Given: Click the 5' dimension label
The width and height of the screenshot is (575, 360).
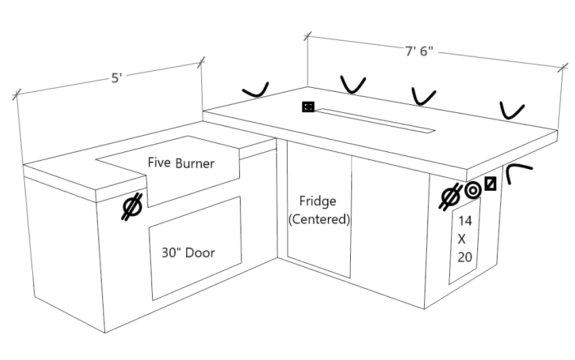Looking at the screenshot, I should point(116,78).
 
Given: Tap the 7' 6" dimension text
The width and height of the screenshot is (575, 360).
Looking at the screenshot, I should point(419,52).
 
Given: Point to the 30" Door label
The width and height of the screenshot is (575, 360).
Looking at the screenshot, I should point(188,252).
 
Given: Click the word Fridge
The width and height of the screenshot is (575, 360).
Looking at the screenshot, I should point(318,201).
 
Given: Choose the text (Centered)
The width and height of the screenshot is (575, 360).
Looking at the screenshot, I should point(319,219).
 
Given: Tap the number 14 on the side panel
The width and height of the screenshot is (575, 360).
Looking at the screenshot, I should point(465,221).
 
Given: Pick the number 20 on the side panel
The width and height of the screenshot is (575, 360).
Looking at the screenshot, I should point(465,257).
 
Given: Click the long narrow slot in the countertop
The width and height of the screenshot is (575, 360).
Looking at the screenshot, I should point(374,120).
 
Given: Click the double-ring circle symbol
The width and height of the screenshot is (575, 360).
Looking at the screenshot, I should point(472,191).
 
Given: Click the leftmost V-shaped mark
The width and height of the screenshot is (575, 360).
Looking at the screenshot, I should point(254,90).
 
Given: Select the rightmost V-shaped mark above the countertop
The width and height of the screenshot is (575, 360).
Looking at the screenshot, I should point(512,110).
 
